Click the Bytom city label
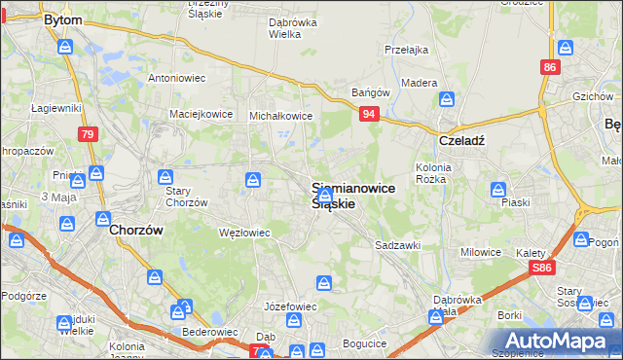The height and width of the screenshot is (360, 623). coord(63,18)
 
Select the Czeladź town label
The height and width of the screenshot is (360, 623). coord(461,139)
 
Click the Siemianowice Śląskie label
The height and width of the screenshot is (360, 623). coord(352,196)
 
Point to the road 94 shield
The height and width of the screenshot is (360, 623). coord(369,115)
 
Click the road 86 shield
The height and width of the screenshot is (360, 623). coord(551,67)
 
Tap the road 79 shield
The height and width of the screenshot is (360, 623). coord(87,133)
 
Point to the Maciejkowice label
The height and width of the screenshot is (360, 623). coord(202,114)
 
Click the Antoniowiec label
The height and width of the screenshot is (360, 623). coord(175,77)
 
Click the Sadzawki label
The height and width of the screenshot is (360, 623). coord(397,246)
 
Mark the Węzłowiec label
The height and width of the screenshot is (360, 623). coord(243,233)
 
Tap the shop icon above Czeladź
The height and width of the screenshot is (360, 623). coord(447,98)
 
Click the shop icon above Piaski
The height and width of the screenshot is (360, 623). coord(498,189)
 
